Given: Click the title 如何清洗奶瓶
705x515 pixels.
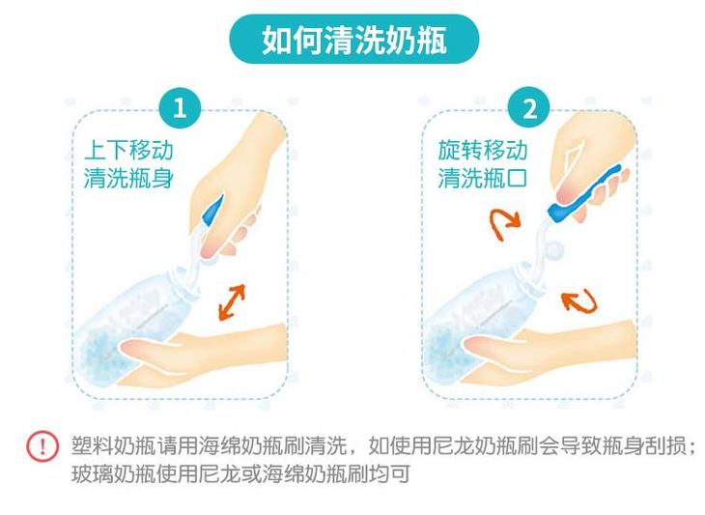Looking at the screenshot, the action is click(x=353, y=40).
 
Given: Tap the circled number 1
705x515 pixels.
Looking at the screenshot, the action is click(x=180, y=108).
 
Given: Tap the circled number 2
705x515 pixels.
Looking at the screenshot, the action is click(x=529, y=108).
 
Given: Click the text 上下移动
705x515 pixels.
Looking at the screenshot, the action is click(x=128, y=150).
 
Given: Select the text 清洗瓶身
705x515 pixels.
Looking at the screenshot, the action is click(x=128, y=178).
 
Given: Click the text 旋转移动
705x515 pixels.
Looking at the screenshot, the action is click(x=483, y=150).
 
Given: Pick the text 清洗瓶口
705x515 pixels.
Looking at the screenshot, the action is click(x=483, y=178).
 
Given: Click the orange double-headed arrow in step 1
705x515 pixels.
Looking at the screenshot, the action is click(x=232, y=302).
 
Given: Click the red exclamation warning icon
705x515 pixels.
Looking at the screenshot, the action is click(x=42, y=446).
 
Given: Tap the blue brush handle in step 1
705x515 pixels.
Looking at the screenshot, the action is click(x=212, y=211).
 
